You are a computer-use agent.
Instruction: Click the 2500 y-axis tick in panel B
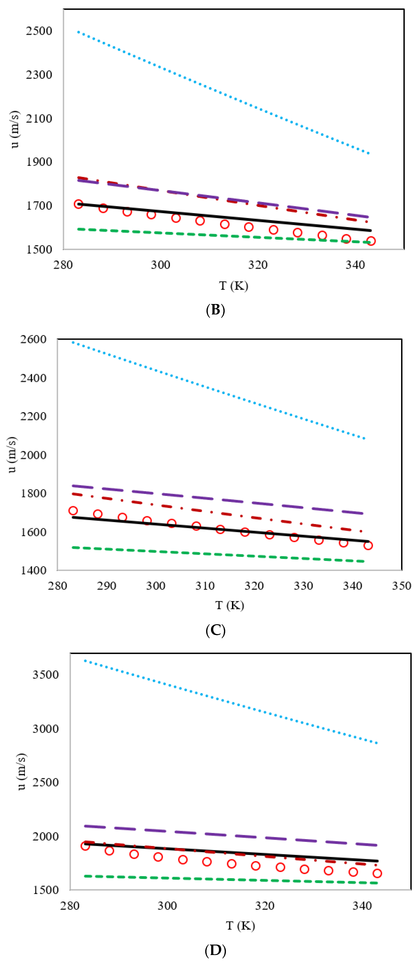tap(39, 31)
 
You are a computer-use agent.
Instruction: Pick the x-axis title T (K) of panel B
tap(233, 286)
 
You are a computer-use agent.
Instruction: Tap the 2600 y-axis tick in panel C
tap(33, 339)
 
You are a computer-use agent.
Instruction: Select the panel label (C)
tap(215, 630)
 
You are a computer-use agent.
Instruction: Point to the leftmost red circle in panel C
tap(73, 511)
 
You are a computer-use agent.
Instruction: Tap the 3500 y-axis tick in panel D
tap(45, 675)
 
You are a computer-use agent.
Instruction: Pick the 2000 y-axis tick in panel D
tap(45, 836)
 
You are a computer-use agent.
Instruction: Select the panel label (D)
tap(215, 950)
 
